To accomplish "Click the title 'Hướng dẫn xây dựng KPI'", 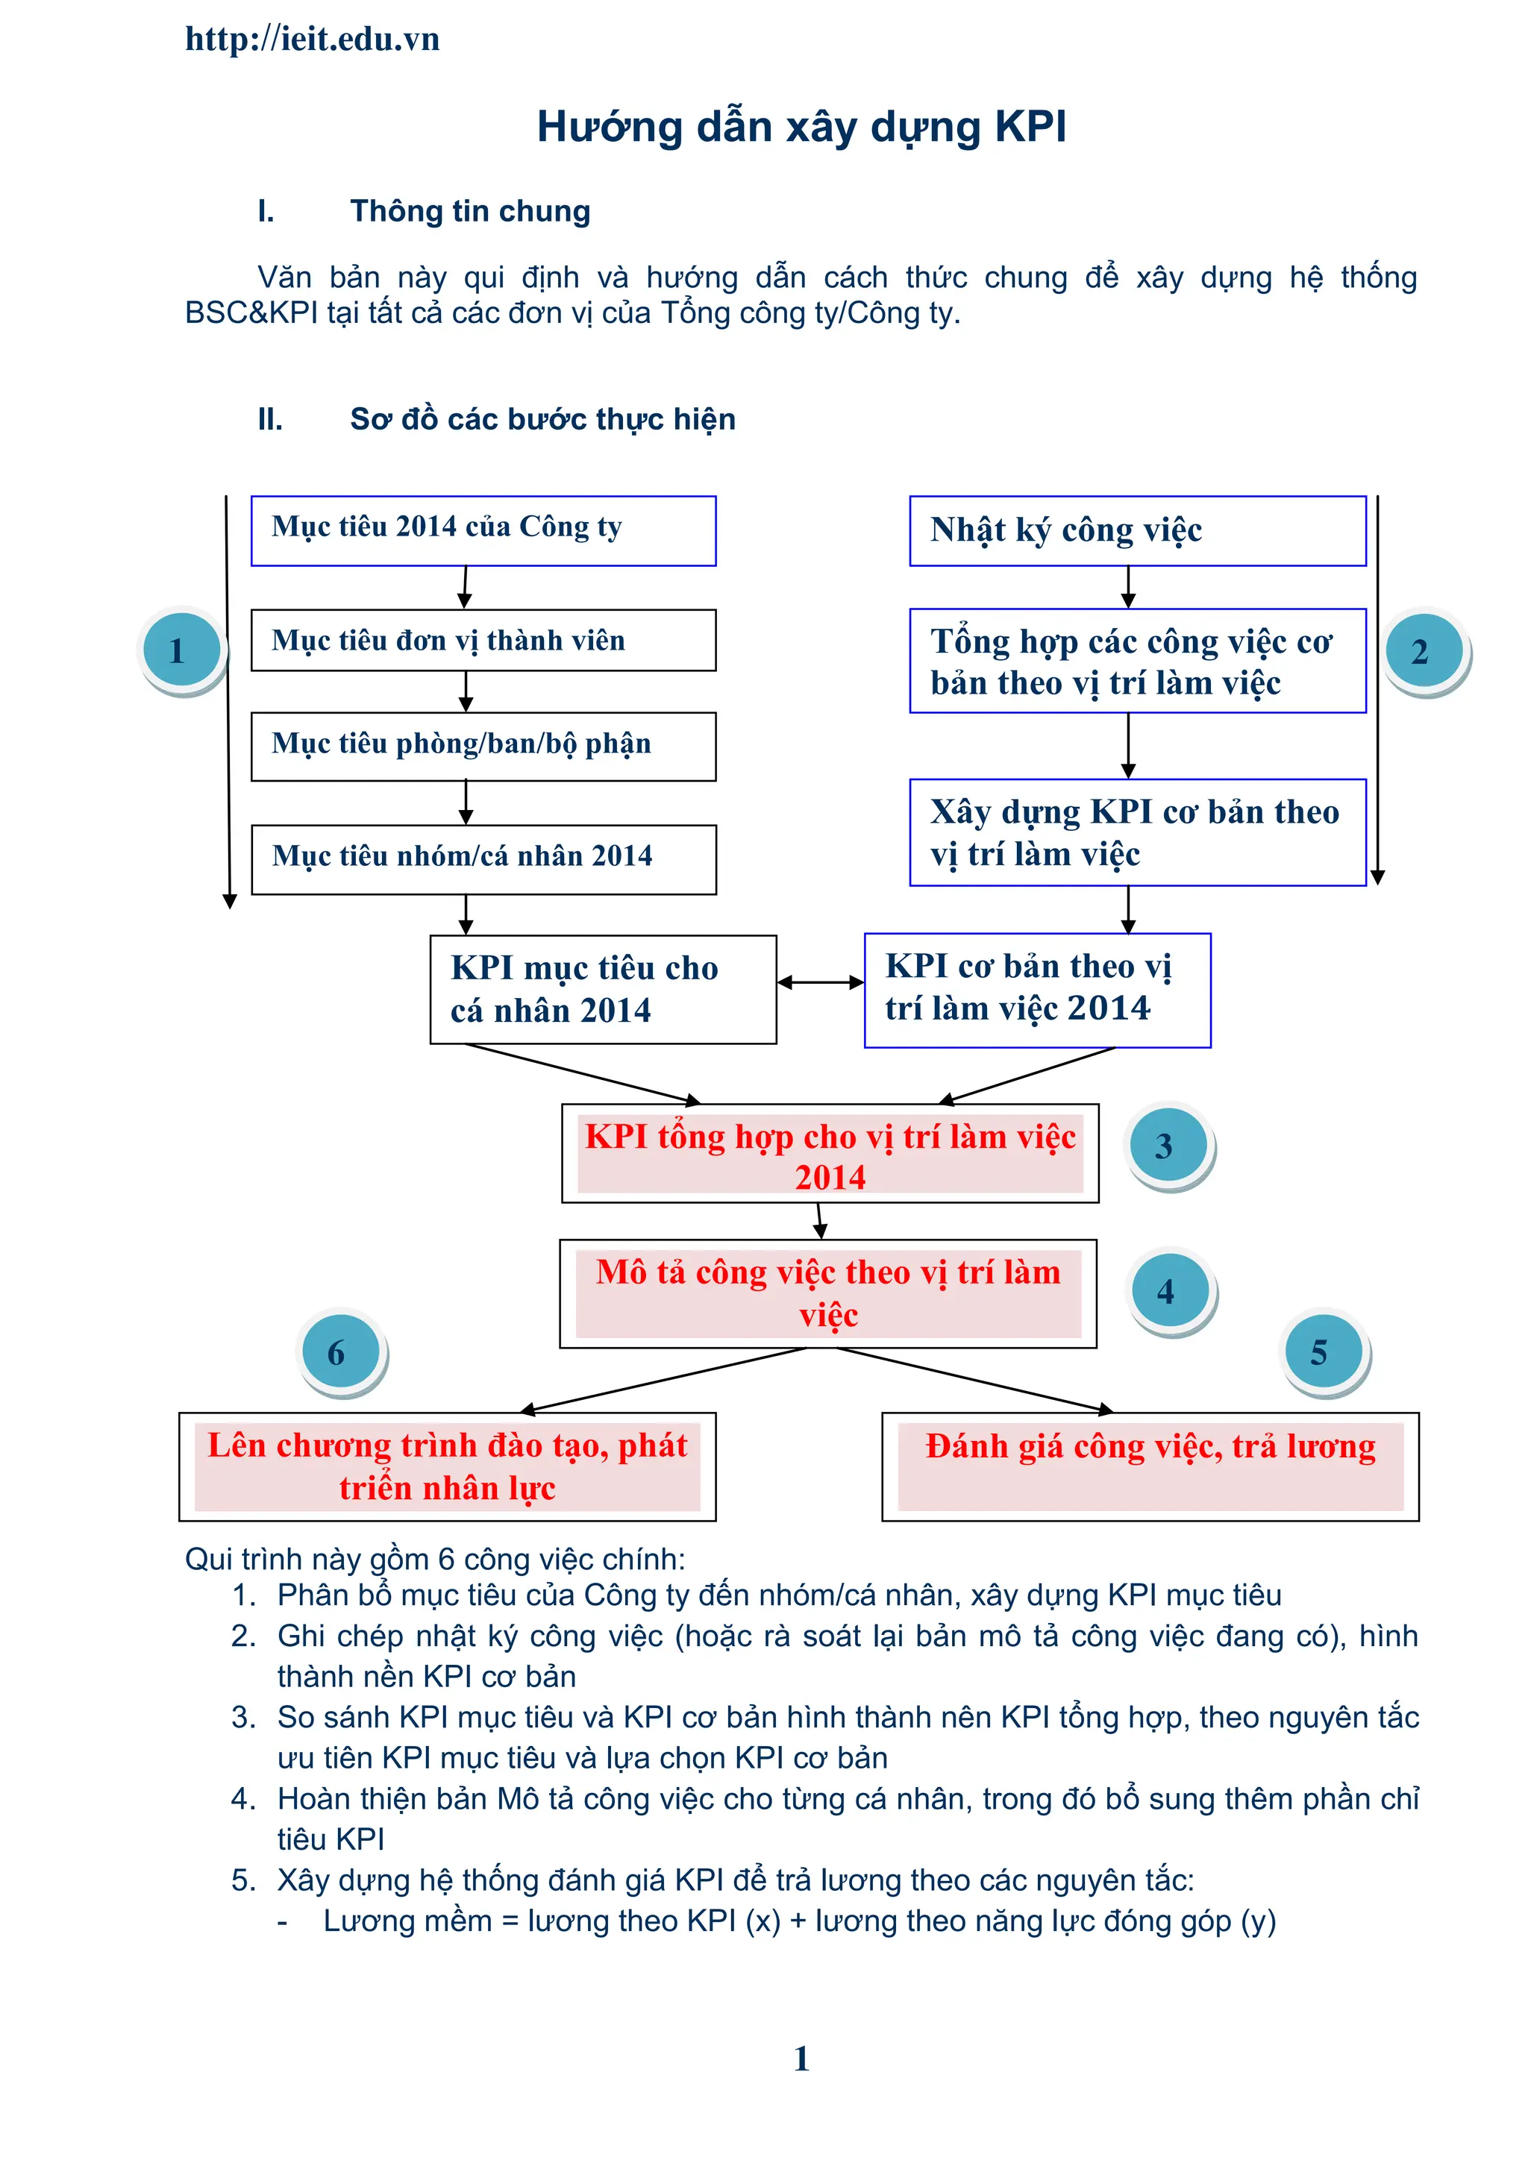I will [x=801, y=127].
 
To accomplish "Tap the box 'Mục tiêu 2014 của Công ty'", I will [x=483, y=530].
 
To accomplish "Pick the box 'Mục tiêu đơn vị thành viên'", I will [x=483, y=641].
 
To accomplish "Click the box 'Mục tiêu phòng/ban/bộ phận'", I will [x=483, y=746].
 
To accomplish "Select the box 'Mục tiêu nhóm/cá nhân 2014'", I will [x=483, y=859].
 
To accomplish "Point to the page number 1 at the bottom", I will [x=801, y=2059].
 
